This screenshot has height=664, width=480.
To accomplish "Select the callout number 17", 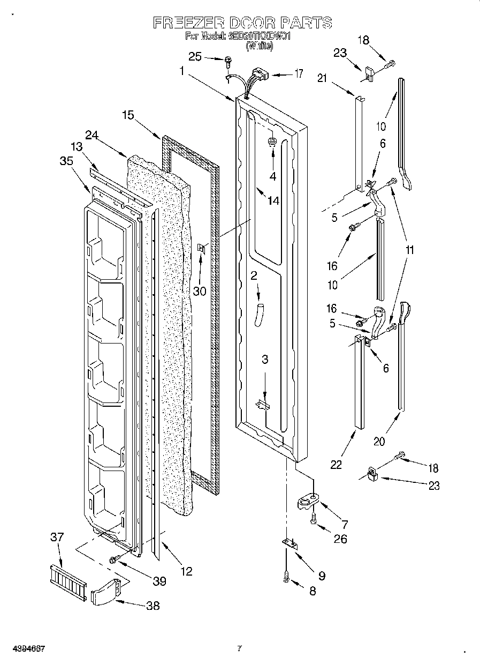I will [x=299, y=74].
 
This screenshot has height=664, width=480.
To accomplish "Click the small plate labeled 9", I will [x=289, y=543].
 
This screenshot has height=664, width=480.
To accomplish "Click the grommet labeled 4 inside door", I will [x=271, y=142].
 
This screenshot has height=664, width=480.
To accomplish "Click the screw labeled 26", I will [x=314, y=518].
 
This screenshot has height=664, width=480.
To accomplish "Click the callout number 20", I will [x=379, y=441].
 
